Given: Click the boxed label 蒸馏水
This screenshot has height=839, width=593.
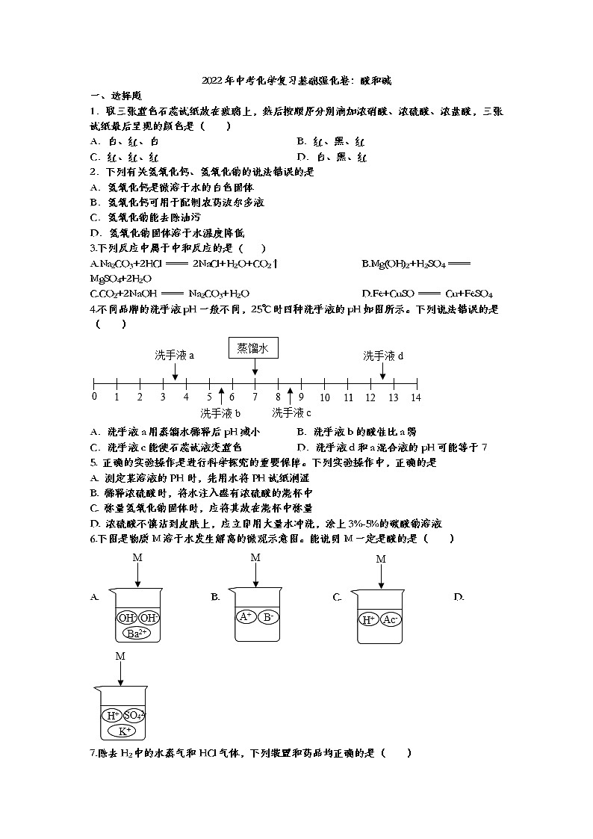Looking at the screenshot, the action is [x=253, y=348].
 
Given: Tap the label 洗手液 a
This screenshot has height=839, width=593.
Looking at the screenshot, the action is [x=174, y=356].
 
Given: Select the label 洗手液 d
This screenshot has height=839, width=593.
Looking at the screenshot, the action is [x=383, y=356].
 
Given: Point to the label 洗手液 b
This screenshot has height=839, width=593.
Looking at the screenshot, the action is [x=220, y=413].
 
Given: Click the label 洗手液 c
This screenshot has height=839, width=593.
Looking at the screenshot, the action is [x=291, y=412].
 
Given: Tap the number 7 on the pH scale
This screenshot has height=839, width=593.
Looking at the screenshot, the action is [x=255, y=397].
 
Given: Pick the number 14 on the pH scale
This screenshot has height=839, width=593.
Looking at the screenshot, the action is [x=415, y=397].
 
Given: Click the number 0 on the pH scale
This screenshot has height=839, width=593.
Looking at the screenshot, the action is [x=94, y=397].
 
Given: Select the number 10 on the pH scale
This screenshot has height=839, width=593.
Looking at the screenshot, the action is [x=325, y=397].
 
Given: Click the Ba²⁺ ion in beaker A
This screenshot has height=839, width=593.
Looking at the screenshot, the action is [x=137, y=633].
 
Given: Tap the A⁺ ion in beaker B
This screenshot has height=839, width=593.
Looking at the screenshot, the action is [x=246, y=616].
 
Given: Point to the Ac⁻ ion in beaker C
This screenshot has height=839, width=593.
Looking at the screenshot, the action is [x=390, y=619].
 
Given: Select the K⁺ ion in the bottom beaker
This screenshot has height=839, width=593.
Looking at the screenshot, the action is [x=123, y=731].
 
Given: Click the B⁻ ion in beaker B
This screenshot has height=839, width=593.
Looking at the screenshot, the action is [x=268, y=617].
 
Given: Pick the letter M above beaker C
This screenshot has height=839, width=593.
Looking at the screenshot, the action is [x=381, y=559].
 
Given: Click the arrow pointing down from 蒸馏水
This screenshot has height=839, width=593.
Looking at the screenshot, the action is [x=255, y=367].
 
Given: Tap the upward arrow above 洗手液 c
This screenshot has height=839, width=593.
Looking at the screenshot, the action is [x=290, y=396].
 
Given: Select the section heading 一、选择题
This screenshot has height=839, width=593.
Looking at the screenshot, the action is [x=116, y=96].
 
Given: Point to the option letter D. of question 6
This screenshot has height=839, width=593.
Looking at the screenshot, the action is [x=459, y=597].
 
